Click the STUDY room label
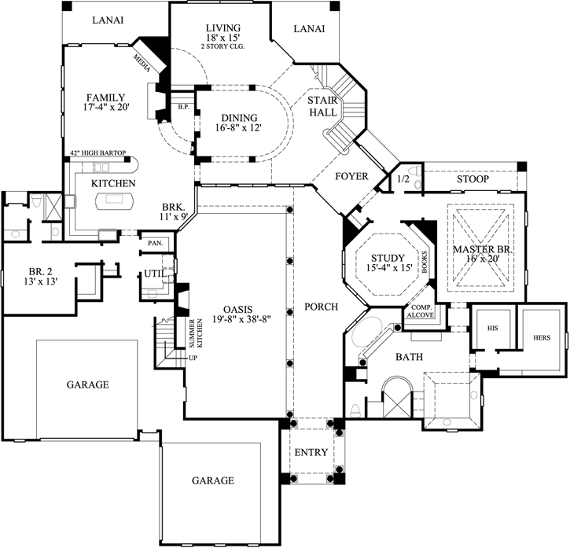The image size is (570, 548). (388, 258)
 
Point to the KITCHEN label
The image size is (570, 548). (114, 183)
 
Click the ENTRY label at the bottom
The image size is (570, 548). (311, 453)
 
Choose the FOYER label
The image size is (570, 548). (351, 176)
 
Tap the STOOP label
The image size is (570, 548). (473, 179)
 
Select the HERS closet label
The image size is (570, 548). (541, 337)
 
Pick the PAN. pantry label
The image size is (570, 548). (154, 244)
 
